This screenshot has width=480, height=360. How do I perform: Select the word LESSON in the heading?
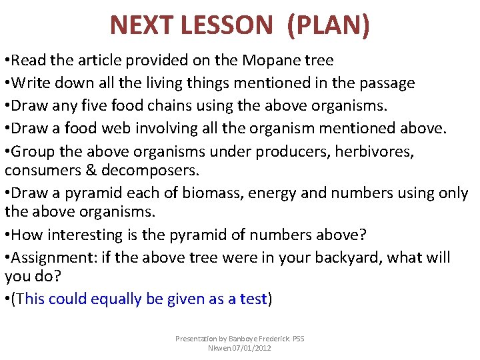[227, 25]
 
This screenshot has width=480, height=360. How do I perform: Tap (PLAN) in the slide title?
[328, 25]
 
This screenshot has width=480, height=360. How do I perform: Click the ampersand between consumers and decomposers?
[91, 171]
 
